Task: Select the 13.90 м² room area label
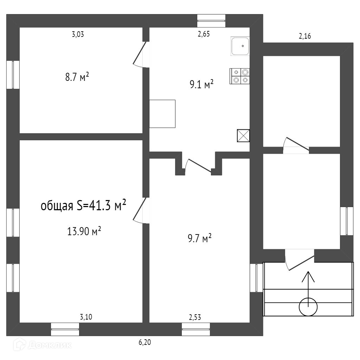(x=84, y=231)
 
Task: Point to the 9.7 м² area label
(x=200, y=239)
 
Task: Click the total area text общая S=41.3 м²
(x=84, y=206)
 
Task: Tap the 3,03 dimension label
(x=78, y=34)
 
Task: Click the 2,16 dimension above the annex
(x=305, y=36)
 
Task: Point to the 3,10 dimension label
(x=86, y=317)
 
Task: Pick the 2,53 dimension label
(x=195, y=317)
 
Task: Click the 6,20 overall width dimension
(x=145, y=342)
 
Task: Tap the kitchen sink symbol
(x=240, y=46)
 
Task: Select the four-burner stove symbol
(x=240, y=76)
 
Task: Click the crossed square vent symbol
(x=243, y=135)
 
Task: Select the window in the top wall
(x=211, y=20)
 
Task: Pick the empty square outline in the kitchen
(x=162, y=114)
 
